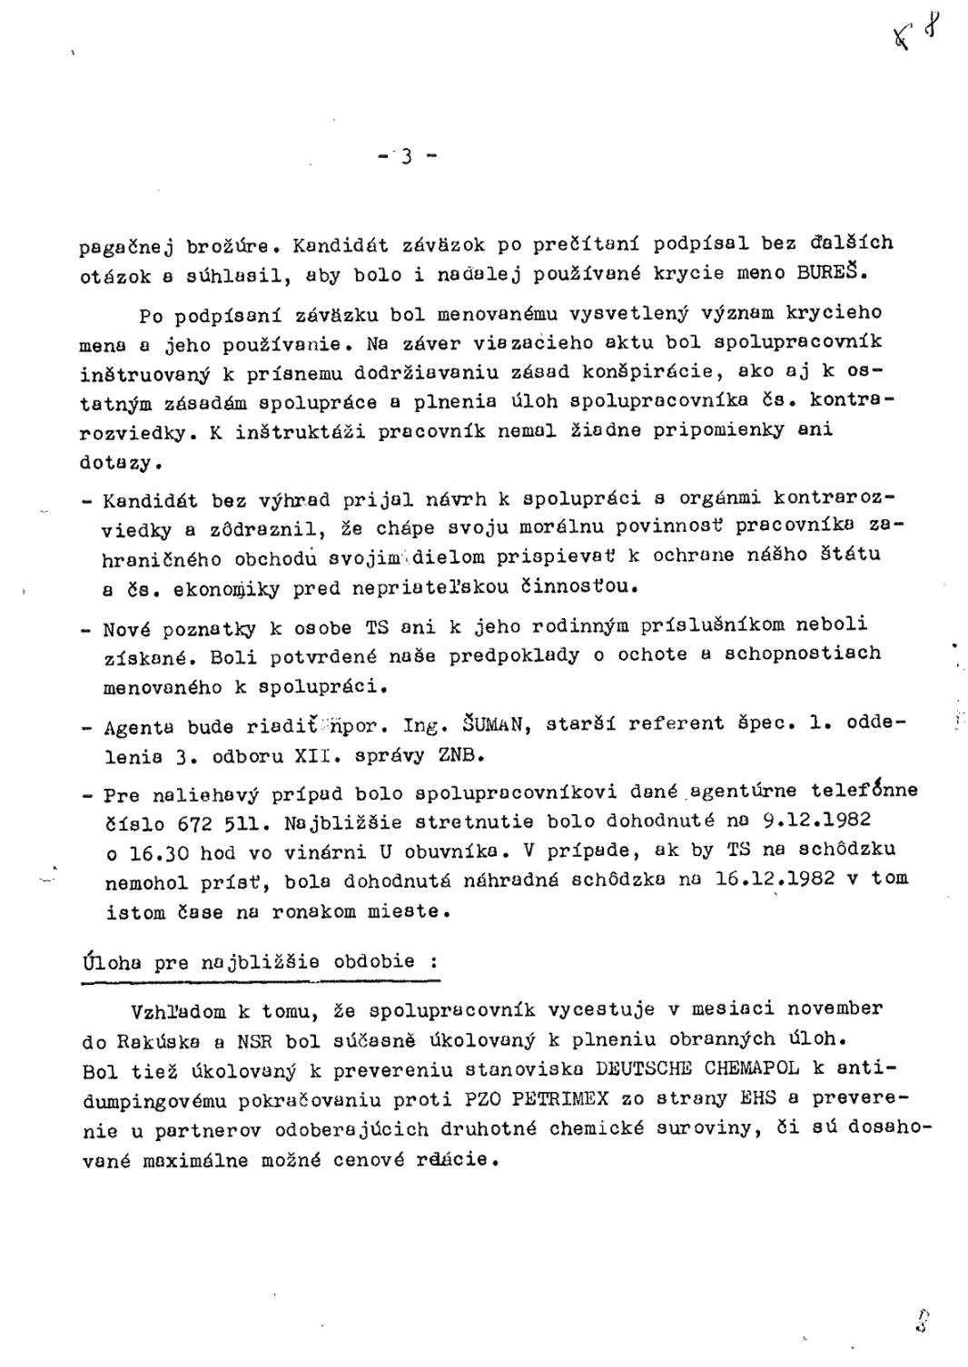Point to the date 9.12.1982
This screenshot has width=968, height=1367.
(x=816, y=820)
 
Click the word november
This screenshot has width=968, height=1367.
(x=834, y=1008)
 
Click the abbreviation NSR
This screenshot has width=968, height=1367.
(x=253, y=1039)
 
